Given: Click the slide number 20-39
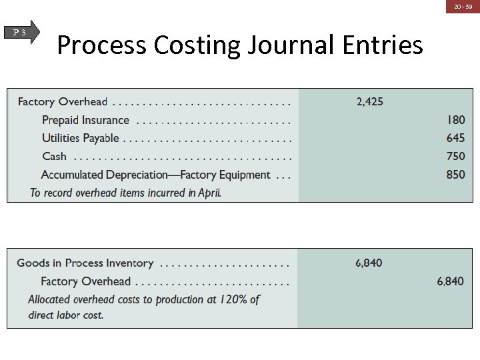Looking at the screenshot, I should coord(463,6).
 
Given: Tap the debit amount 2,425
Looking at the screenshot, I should coord(369,102).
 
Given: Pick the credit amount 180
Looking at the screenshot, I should coord(456,120).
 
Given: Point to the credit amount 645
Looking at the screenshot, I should coord(456,138).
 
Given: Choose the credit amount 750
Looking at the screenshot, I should coord(456,156).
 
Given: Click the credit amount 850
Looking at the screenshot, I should coord(456,174).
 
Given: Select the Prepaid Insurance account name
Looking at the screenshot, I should coord(85,120).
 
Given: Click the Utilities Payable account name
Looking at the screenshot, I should coord(80,138).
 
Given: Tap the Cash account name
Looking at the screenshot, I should coord(54,156).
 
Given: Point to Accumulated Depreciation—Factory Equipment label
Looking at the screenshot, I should coord(155,175).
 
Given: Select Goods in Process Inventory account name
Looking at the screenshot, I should coord(85,263).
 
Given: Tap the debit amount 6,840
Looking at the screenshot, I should coord(369,263).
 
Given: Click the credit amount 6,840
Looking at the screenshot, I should coord(450,281).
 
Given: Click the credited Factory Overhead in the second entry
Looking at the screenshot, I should coord(85,281).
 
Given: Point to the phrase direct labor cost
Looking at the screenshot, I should coord(66,315).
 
